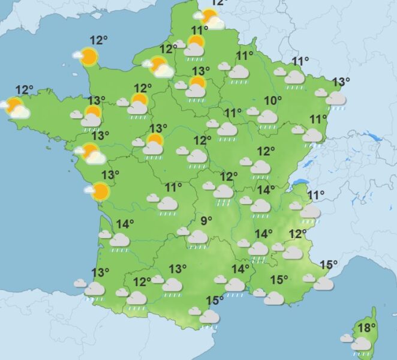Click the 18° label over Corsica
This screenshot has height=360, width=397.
[x=366, y=328]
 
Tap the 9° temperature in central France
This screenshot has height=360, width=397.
[x=206, y=221]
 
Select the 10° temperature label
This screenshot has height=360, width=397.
[x=273, y=100]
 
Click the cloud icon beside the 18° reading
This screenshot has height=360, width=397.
[x=360, y=343]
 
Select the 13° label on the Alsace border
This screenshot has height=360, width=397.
[x=341, y=82]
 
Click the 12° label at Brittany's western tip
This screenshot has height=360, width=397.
[x=25, y=90]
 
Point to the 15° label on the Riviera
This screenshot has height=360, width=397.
[x=328, y=265]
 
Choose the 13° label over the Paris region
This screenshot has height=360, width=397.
[x=200, y=71]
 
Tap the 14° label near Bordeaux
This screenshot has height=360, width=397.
[x=125, y=224]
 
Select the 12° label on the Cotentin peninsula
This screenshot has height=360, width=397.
[x=98, y=40]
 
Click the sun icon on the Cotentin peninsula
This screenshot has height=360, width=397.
[x=89, y=56]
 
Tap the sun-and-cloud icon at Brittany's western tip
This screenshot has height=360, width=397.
[x=16, y=109]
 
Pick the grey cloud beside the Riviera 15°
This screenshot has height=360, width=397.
[x=323, y=283]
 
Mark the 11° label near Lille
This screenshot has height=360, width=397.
[x=199, y=31]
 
